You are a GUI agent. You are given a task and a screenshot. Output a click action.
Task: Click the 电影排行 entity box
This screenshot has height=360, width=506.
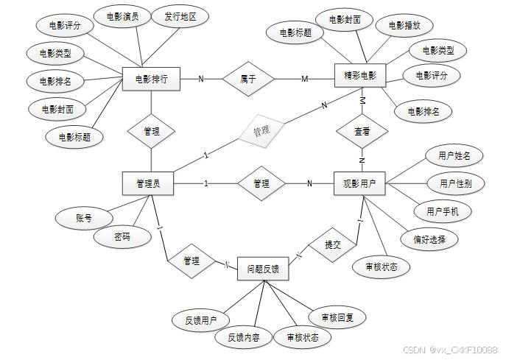(x=152, y=79)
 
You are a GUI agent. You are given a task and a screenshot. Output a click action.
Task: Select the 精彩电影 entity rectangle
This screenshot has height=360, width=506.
(x=360, y=77)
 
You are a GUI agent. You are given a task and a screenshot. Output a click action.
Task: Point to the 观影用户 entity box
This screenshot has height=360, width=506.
(x=359, y=183)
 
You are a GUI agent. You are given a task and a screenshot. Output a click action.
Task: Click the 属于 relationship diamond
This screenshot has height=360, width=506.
(x=247, y=78)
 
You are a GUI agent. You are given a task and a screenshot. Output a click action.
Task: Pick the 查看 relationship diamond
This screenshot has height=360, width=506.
(x=362, y=132)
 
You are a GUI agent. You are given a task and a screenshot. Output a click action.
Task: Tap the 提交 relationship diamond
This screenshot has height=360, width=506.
(x=332, y=245)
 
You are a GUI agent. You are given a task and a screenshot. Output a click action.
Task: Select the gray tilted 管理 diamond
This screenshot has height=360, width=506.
(x=261, y=131)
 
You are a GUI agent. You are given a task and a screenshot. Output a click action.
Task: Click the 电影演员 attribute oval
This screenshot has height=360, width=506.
(x=122, y=17)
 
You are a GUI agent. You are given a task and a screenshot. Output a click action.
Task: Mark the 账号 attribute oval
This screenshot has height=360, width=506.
(x=83, y=218)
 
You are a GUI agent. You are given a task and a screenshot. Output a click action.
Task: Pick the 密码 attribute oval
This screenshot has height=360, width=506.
(x=122, y=237)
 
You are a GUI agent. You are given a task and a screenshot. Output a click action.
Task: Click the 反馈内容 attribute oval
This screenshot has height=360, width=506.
(x=243, y=337)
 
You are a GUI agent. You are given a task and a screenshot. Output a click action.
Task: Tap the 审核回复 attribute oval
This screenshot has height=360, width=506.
(x=338, y=317)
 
